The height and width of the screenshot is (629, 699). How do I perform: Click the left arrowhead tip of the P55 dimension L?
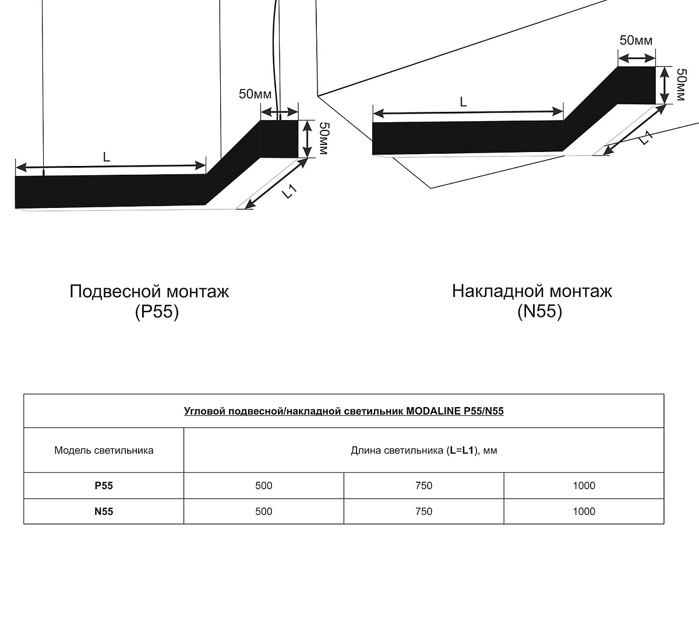[x=16, y=167]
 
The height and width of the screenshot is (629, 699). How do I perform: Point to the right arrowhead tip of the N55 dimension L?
[x=563, y=112]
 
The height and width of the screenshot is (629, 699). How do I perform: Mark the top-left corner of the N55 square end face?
[x=618, y=66]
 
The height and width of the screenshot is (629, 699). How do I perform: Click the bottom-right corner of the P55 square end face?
[x=298, y=157]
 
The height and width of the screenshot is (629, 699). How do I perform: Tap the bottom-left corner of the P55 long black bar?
[x=15, y=208]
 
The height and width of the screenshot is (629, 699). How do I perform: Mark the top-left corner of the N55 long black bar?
[x=372, y=123]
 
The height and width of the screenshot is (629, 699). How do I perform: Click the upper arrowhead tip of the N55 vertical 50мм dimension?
[x=665, y=67]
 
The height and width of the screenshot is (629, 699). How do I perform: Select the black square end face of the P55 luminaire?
[x=279, y=139]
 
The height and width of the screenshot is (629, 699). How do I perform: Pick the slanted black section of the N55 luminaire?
[x=591, y=109]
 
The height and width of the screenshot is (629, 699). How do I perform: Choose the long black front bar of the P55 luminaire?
[x=111, y=191]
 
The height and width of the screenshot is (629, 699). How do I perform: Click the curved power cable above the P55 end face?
[x=277, y=59]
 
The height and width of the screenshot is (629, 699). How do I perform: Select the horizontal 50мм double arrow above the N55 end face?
[x=637, y=58]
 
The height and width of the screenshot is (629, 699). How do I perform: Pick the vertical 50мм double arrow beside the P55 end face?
[x=307, y=139]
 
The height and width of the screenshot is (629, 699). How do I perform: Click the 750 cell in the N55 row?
[x=423, y=511]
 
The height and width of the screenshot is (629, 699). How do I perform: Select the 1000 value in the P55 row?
[x=584, y=485]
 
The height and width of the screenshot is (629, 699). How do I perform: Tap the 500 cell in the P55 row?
[x=264, y=485]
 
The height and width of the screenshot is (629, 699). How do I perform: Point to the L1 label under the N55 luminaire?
[x=645, y=139]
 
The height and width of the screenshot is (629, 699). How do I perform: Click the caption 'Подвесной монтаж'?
[x=149, y=291]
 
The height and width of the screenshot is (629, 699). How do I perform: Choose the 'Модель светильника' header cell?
[x=104, y=450]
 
